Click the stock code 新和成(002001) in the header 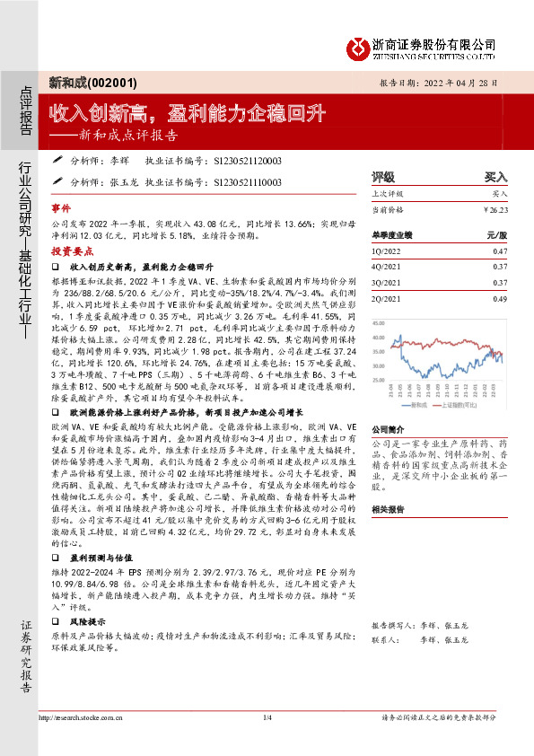[x=91, y=83]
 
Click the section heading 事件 [x=60, y=207]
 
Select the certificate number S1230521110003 [x=248, y=182]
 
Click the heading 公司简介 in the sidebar [x=389, y=429]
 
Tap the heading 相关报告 [x=389, y=507]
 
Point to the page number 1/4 [x=267, y=717]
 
